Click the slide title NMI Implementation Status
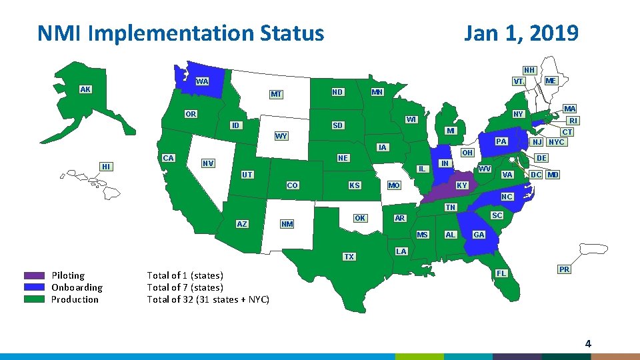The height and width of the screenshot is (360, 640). (x=181, y=33)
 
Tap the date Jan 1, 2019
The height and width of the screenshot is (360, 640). (x=521, y=33)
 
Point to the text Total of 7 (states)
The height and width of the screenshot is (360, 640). (x=185, y=287)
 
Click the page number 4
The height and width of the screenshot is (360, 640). (x=587, y=344)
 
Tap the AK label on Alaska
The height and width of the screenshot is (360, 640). (x=85, y=89)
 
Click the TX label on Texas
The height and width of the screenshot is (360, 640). (x=349, y=257)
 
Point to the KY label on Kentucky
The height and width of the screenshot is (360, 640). (x=462, y=185)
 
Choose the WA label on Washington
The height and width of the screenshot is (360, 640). (x=202, y=81)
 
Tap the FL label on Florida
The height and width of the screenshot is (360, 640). (x=501, y=273)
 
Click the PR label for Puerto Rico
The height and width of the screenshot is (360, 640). (x=564, y=269)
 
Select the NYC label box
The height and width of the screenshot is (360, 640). (x=556, y=142)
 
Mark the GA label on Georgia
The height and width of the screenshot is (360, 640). (x=479, y=235)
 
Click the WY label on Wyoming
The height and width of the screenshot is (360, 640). (x=281, y=137)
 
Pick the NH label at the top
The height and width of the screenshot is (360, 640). (x=529, y=70)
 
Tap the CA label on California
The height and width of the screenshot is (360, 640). (x=169, y=158)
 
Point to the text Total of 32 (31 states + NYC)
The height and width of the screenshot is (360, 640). (x=208, y=299)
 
